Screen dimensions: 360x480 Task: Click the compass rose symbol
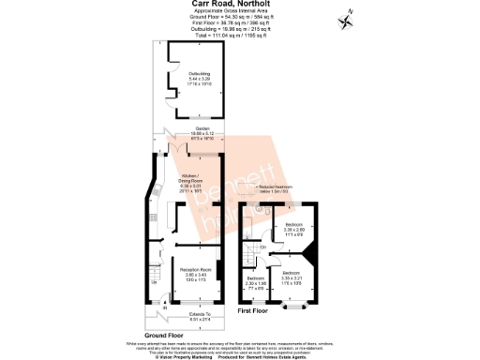coord(348,15)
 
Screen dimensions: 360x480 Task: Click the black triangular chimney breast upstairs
coord(309,252)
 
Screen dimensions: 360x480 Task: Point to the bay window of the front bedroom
coord(294,304)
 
